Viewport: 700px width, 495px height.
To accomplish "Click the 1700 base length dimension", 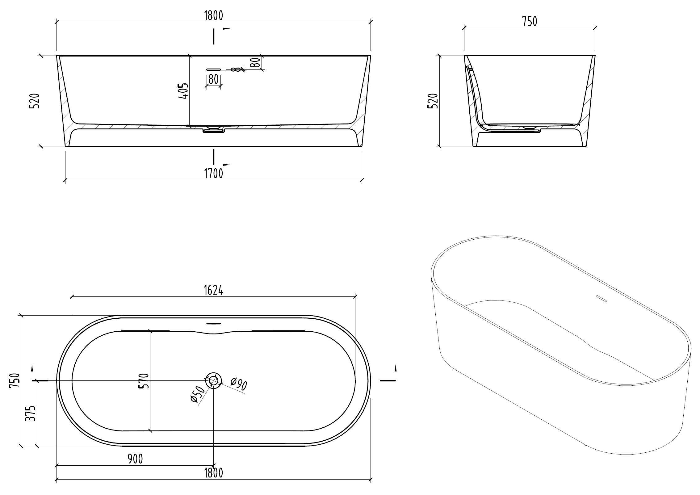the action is click(x=213, y=174).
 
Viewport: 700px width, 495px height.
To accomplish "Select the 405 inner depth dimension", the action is click(x=183, y=90).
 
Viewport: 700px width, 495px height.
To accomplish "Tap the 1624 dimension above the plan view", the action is click(x=213, y=291).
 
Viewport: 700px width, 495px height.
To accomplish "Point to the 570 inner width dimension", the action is click(x=145, y=381).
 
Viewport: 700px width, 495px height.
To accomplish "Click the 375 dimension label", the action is click(x=31, y=413).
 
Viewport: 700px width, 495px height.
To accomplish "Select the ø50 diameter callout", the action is click(x=198, y=395).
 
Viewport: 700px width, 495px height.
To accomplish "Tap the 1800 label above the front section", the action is click(x=213, y=15).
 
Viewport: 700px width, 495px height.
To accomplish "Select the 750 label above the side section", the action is click(x=530, y=22).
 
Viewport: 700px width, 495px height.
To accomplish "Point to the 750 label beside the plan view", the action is click(x=15, y=380).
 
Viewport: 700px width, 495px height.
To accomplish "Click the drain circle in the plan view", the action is click(x=213, y=380).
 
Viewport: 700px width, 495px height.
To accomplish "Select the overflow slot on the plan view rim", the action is click(x=214, y=323).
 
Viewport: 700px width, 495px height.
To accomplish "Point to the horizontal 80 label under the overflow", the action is click(x=213, y=79).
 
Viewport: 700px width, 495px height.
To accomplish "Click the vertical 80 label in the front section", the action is click(x=255, y=63).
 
